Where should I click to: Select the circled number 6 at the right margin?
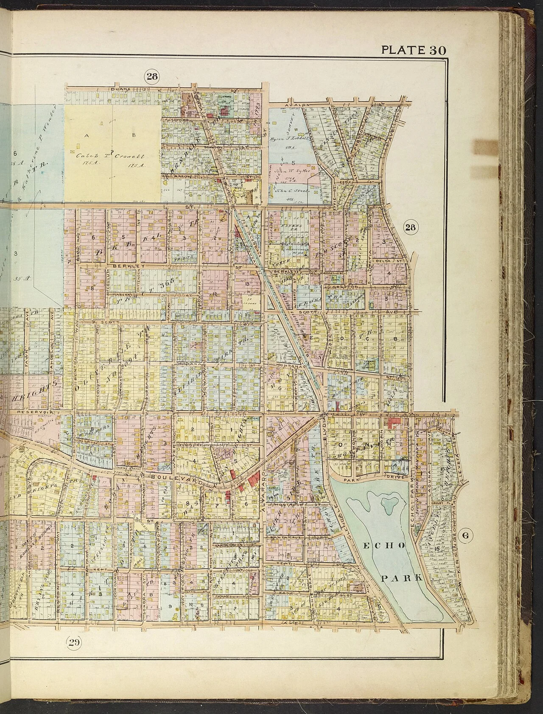coord(465,535)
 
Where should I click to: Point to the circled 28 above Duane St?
coord(151,76)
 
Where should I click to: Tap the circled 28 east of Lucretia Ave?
coord(409,228)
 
